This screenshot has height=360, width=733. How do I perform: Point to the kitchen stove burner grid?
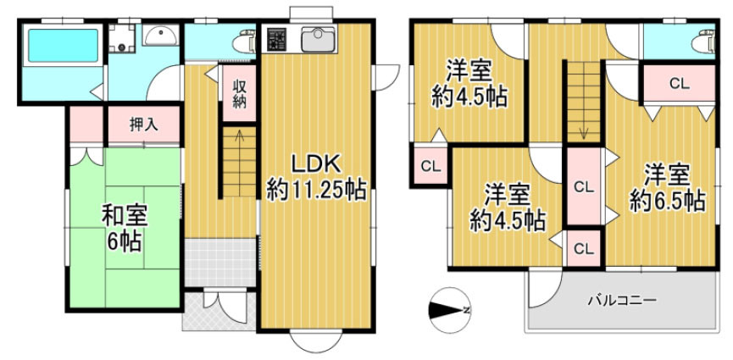point(277,38)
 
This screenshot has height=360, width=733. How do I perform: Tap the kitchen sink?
point(318,39)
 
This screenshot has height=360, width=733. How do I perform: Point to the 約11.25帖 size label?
point(316,190)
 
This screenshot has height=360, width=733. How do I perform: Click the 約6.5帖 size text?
point(665,200)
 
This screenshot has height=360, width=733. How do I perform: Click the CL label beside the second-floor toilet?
point(678,83)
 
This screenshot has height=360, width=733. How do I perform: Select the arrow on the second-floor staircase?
point(583,131)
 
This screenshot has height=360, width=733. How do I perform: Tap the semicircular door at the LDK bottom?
point(314,341)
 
